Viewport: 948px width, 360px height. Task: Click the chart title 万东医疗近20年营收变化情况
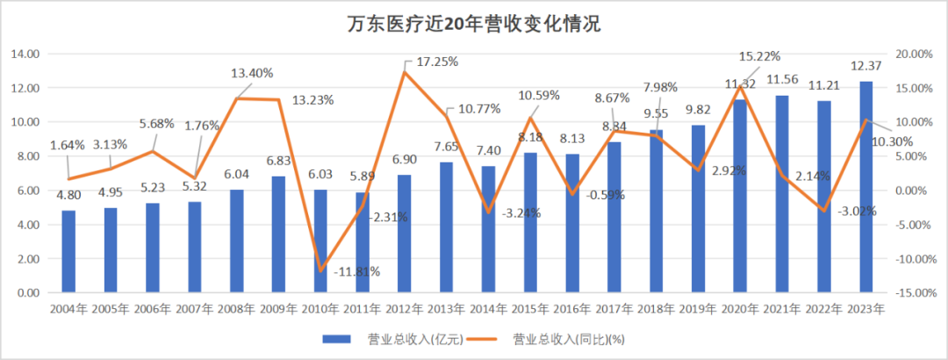473,24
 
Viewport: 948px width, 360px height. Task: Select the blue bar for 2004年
68,251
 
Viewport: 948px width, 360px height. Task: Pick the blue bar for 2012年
404,234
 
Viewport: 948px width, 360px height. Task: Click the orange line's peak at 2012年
404,71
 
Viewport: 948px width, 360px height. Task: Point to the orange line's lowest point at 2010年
320,270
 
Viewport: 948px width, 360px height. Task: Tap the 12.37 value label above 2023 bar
865,68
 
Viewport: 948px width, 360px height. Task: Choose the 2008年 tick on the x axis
237,308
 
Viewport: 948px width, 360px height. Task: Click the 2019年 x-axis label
698,308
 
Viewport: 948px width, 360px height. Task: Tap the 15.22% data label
758,57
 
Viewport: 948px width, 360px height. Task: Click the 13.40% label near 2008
252,73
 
